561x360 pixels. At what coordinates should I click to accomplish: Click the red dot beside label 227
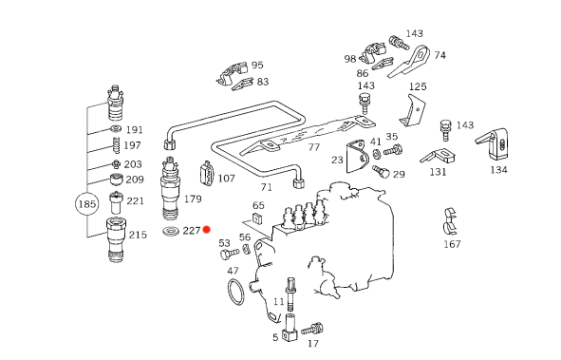pos(206,229)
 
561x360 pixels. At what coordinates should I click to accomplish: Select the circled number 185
pos(87,204)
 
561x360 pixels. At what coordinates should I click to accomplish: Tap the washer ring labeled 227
pos(171,231)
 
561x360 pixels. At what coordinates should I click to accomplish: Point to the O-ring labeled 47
pos(235,292)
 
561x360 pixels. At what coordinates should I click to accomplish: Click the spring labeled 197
pos(116,145)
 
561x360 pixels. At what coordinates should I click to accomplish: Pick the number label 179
pos(193,199)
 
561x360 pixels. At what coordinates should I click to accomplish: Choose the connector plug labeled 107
pos(207,173)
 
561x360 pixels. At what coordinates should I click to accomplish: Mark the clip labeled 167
pos(451,222)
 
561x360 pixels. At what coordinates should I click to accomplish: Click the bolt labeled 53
pos(230,254)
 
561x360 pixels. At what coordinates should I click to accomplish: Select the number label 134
pos(498,170)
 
